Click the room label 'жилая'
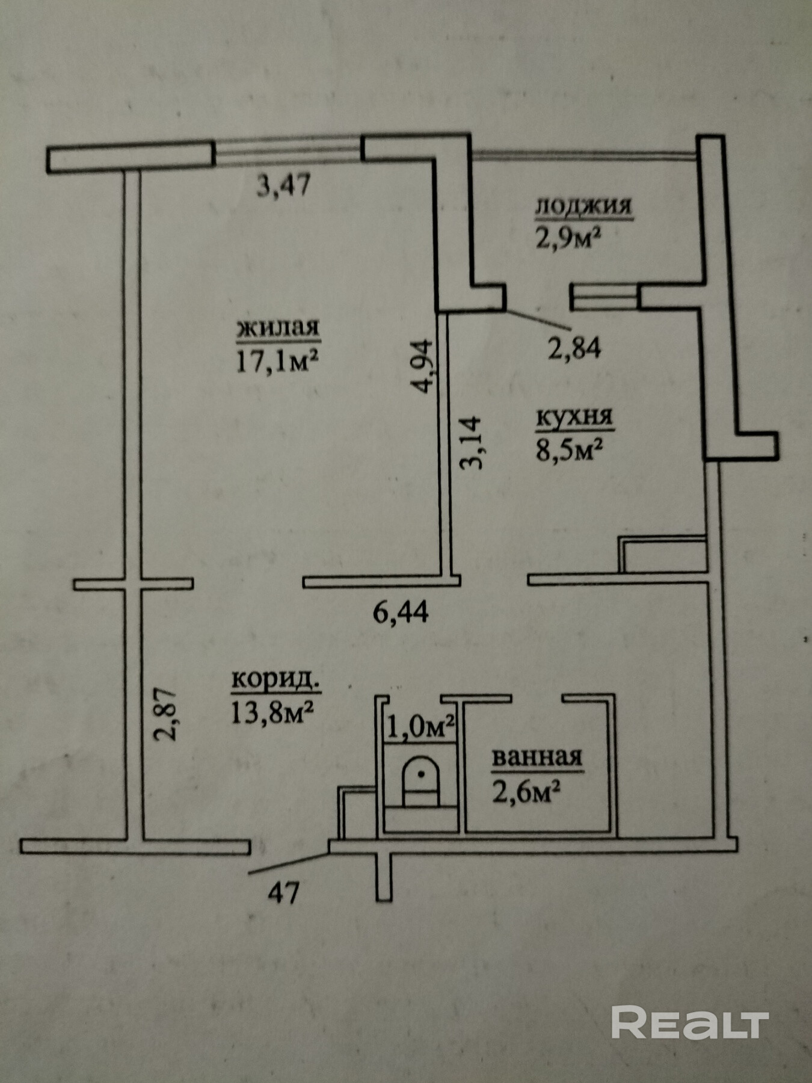(278, 329)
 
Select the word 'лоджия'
(583, 206)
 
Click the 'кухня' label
(574, 418)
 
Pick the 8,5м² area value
(569, 449)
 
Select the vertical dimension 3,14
(470, 443)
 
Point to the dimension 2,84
(574, 347)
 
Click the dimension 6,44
(401, 612)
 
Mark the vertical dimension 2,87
(165, 714)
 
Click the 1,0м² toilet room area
(419, 727)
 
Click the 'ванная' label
(537, 757)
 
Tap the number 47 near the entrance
(283, 893)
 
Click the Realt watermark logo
(690, 1022)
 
